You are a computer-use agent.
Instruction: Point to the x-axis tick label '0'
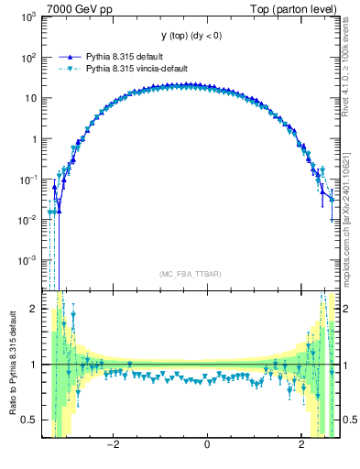pos(207,446)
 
